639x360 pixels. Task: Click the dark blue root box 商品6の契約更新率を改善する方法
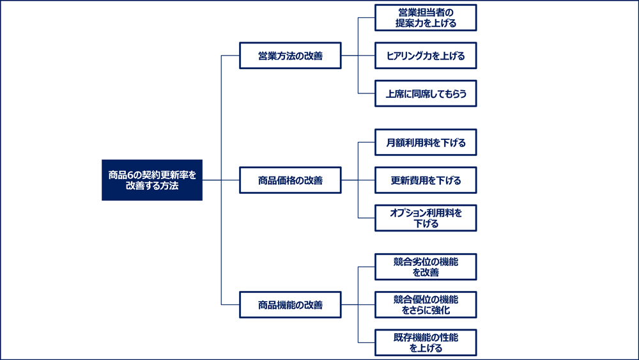pyautogui.click(x=152, y=180)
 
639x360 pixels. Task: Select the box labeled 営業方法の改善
pyautogui.click(x=290, y=56)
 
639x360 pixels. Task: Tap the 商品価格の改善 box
pyautogui.click(x=290, y=180)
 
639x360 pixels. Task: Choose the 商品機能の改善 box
pyautogui.click(x=290, y=305)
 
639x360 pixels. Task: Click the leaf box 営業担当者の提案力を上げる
pyautogui.click(x=426, y=18)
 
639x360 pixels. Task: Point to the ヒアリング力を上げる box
pyautogui.click(x=426, y=56)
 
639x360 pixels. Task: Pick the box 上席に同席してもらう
pyautogui.click(x=426, y=93)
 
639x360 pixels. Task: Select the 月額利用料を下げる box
pyautogui.click(x=426, y=143)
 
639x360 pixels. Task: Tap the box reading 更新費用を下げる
pyautogui.click(x=426, y=180)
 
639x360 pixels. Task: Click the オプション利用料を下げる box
pyautogui.click(x=426, y=218)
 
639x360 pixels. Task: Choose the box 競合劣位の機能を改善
pyautogui.click(x=426, y=267)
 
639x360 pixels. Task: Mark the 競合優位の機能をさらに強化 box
pyautogui.click(x=426, y=305)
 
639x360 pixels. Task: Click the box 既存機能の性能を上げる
pyautogui.click(x=426, y=343)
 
